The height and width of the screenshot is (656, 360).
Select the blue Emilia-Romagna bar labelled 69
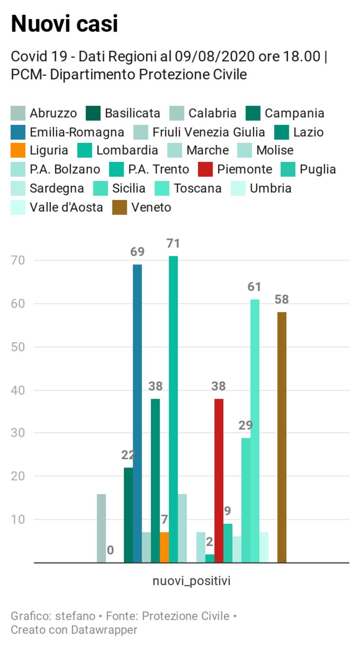[x=137, y=413]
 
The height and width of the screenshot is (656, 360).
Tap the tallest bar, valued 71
[x=173, y=408]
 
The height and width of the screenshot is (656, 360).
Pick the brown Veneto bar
[x=282, y=438]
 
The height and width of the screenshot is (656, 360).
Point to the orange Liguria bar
[x=164, y=548]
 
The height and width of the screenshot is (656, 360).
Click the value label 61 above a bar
[x=254, y=287]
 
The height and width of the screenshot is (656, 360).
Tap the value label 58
[x=282, y=299]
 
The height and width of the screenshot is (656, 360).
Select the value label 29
[x=246, y=426]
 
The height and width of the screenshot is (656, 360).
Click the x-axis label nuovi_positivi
[x=191, y=581]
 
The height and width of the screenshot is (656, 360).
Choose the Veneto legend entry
[x=151, y=207]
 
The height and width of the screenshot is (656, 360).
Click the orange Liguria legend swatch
[x=18, y=151]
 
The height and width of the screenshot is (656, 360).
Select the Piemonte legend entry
[x=244, y=170]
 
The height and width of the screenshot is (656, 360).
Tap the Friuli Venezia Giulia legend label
[x=208, y=132]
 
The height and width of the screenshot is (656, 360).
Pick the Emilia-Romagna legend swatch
[x=18, y=132]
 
